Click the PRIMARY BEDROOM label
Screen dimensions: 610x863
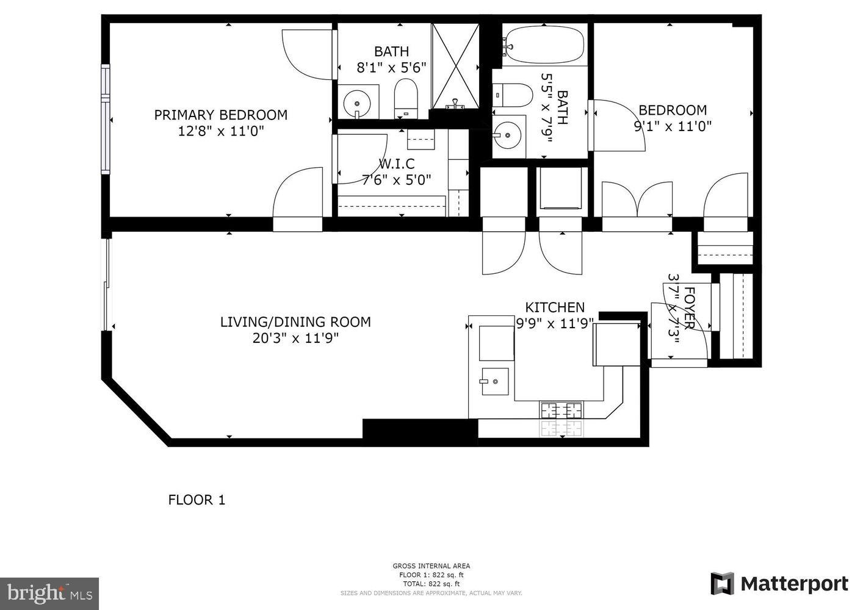tap(220, 115)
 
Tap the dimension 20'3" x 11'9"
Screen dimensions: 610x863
tap(295, 338)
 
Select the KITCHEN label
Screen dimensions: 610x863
tap(555, 307)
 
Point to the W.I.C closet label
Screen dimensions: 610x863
tap(396, 164)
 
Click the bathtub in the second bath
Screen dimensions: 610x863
tap(543, 43)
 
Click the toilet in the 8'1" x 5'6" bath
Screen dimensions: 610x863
tap(405, 99)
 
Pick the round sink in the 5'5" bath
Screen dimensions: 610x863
tap(507, 131)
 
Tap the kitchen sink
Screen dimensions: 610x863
tap(495, 381)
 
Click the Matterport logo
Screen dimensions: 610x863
tap(779, 584)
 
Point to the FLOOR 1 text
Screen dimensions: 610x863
tap(197, 500)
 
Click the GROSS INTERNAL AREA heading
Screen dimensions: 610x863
tap(431, 565)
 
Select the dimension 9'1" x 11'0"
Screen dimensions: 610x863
tap(673, 126)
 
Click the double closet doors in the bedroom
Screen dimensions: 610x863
tap(637, 199)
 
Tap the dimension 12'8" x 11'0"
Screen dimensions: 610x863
tap(220, 131)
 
